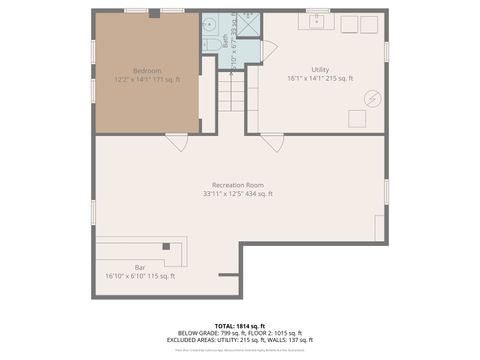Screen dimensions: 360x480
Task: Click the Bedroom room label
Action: point(147,70)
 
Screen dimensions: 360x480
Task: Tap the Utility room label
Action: point(321,70)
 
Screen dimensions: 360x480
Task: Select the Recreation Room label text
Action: point(237,185)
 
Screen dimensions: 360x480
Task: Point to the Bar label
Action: point(140,267)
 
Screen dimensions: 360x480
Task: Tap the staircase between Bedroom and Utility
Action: point(232,95)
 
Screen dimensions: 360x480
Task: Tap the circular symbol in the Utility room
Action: point(372,98)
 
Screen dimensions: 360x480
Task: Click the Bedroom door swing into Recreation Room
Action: point(178,141)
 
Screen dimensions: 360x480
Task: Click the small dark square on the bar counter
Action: point(165,246)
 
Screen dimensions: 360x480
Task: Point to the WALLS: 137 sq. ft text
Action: point(286,340)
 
